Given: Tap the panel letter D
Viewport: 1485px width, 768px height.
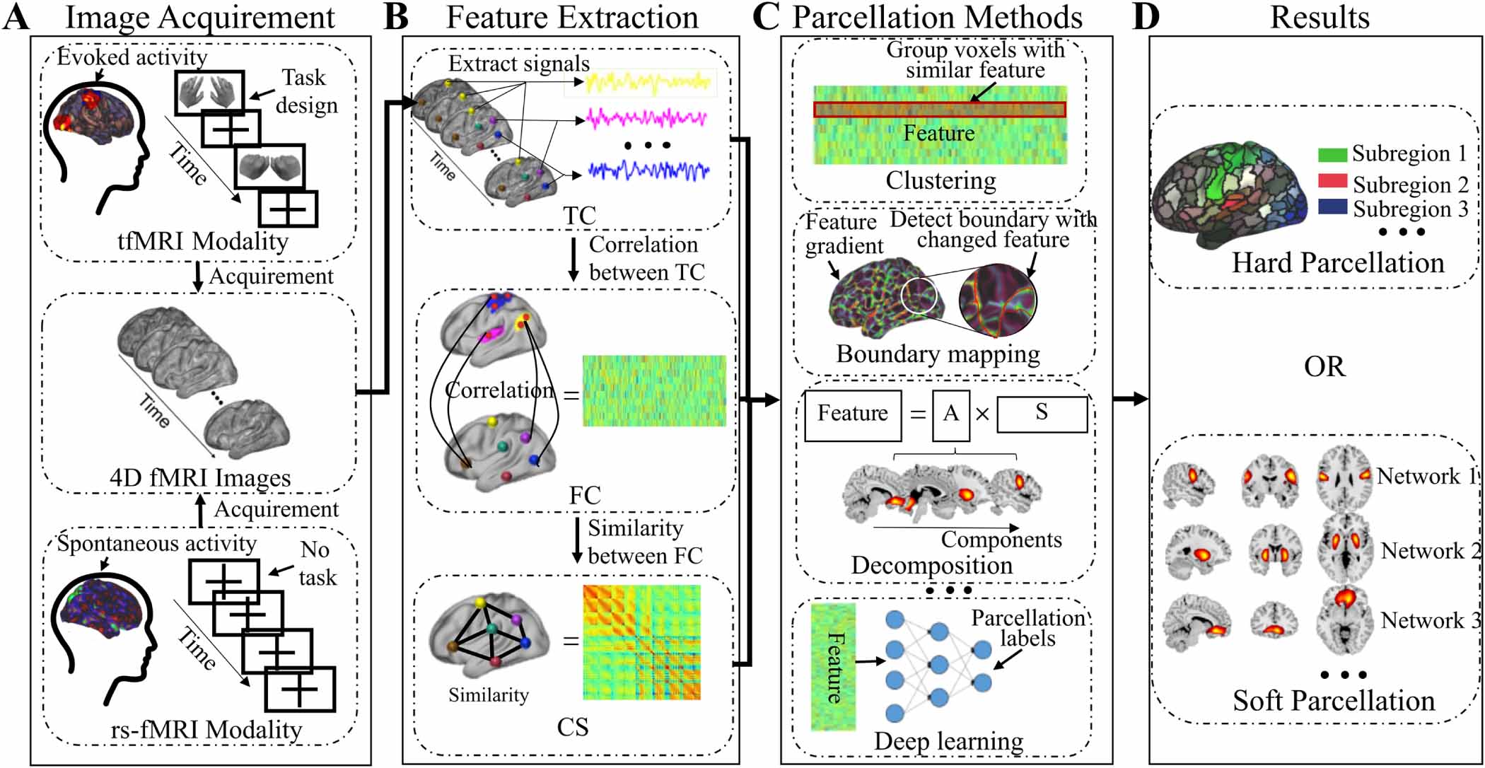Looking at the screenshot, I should click(1146, 17).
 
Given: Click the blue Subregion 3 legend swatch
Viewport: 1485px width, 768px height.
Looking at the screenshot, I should click(1332, 207).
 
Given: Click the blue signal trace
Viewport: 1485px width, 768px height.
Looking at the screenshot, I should click(648, 170).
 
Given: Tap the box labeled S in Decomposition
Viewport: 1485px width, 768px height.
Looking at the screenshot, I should click(1042, 414).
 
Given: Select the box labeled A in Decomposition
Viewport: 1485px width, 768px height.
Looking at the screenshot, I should click(950, 414).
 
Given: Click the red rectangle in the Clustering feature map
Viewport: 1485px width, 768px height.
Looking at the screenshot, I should click(939, 110).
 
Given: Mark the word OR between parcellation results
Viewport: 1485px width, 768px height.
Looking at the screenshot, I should click(1324, 367).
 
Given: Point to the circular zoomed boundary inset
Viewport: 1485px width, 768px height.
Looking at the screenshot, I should click(998, 299).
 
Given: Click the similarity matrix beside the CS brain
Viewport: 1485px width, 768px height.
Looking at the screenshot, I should click(641, 642).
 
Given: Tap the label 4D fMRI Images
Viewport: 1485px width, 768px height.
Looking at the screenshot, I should click(200, 478).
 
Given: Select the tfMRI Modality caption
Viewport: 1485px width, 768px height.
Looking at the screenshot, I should click(203, 242).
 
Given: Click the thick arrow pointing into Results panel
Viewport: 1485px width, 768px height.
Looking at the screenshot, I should click(1130, 400).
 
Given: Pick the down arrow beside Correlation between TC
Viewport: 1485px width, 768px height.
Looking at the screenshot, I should click(574, 259).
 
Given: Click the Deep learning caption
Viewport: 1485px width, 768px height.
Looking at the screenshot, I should click(948, 741).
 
